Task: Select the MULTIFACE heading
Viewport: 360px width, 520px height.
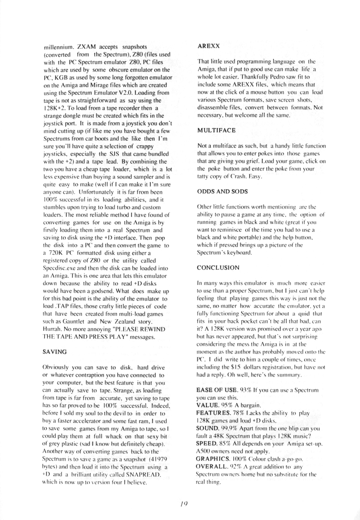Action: point(216,131)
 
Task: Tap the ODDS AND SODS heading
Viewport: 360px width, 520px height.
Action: point(222,191)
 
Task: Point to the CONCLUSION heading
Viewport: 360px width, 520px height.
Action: point(218,267)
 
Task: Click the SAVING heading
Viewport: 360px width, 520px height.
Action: point(55,352)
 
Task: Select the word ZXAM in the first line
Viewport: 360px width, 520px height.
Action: point(87,47)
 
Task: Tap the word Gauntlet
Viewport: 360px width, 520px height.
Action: point(70,321)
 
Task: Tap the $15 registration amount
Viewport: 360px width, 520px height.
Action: point(241,367)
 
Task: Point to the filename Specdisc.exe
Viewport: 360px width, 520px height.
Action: point(60,268)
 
